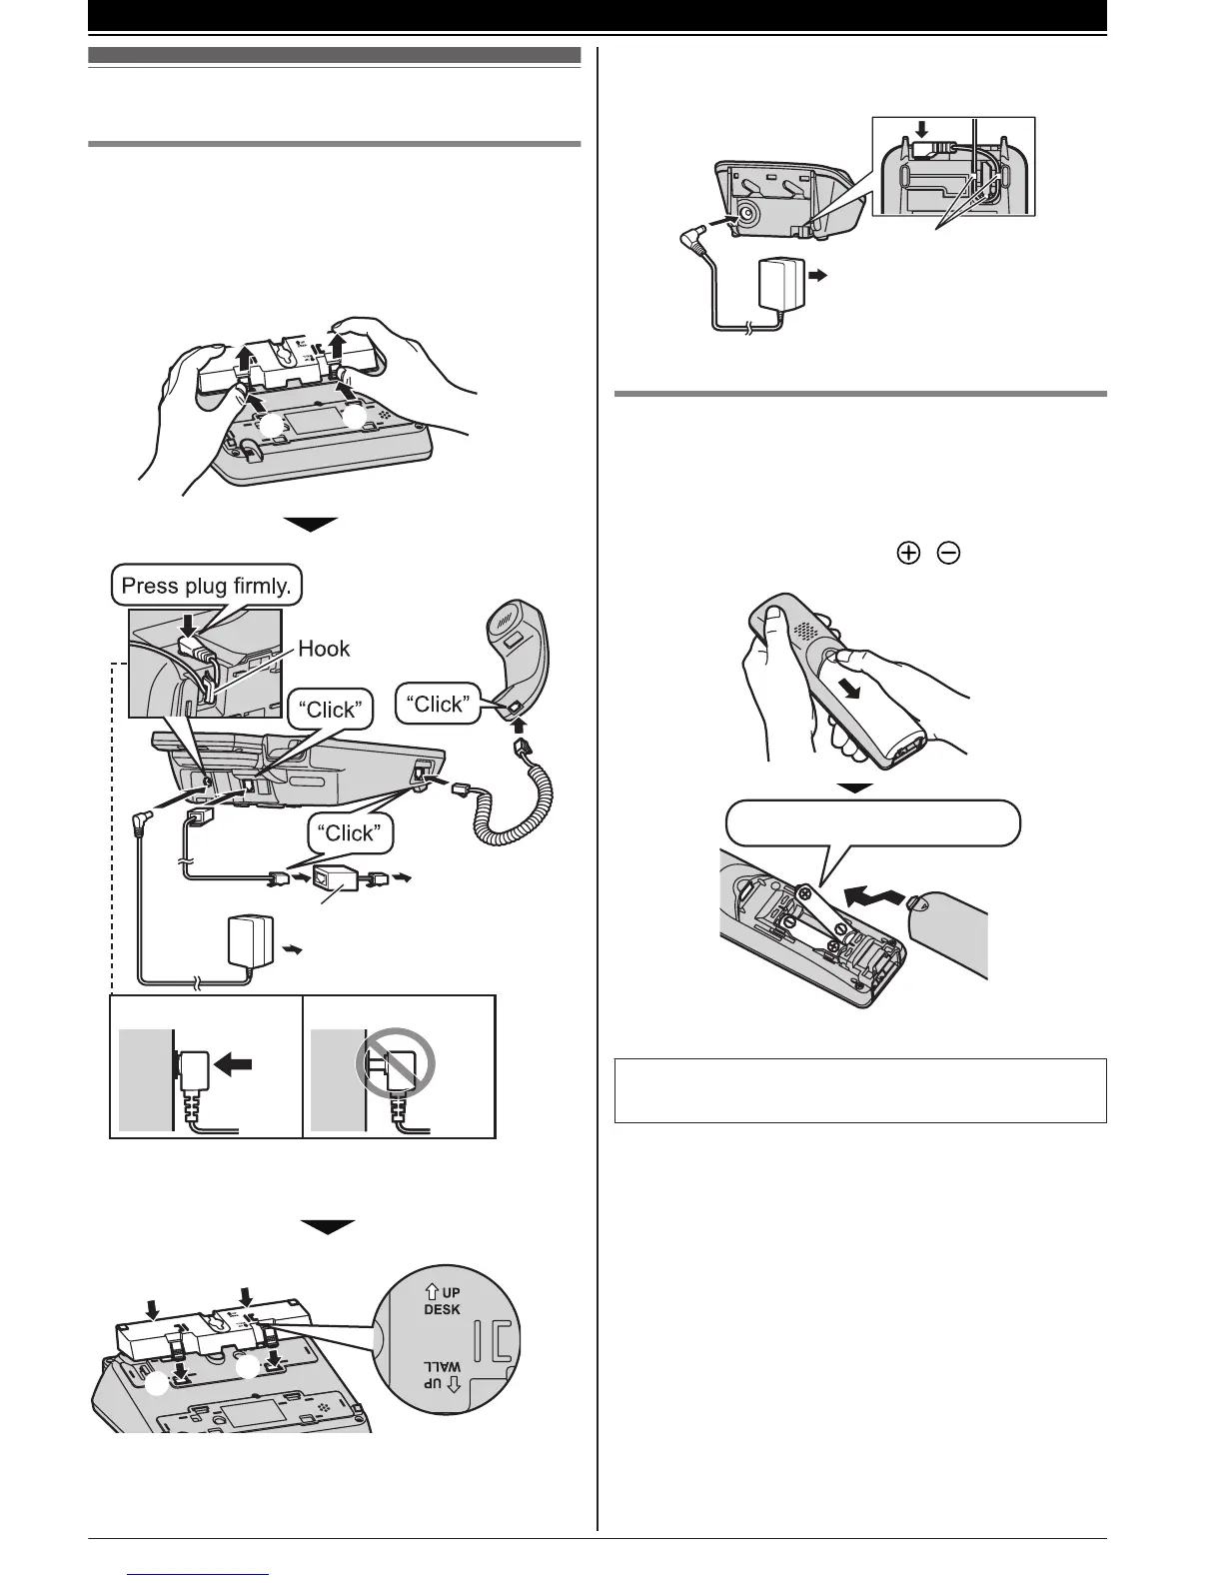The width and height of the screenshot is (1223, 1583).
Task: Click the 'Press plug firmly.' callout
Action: [x=206, y=585]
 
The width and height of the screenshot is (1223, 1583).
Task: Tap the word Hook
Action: [x=324, y=649]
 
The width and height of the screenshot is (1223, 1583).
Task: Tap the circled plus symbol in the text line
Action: [x=908, y=556]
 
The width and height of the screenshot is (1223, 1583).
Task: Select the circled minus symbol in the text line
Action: [x=949, y=556]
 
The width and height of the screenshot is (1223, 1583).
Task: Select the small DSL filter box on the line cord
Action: [x=337, y=878]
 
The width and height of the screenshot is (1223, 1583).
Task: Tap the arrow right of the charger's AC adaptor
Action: [x=818, y=279]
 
